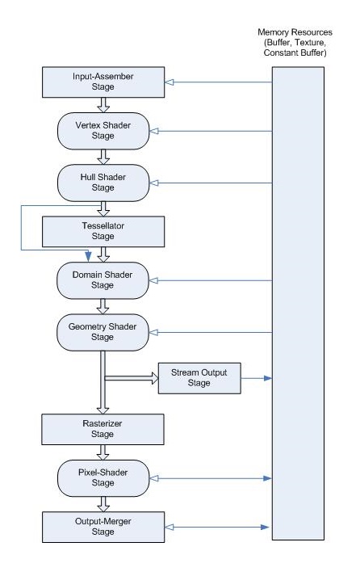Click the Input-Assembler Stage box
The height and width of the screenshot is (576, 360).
(x=103, y=82)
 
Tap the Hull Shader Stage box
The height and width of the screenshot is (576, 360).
(x=103, y=180)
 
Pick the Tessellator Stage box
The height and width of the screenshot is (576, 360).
(x=103, y=231)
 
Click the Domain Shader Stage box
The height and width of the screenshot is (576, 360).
(x=103, y=280)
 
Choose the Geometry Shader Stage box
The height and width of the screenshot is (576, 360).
(x=103, y=330)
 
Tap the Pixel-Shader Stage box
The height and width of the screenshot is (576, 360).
(x=103, y=477)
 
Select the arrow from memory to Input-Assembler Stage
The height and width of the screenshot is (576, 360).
(x=218, y=82)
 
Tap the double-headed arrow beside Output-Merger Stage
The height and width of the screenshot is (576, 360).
(x=218, y=527)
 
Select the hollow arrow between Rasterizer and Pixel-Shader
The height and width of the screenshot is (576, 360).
(x=103, y=449)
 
